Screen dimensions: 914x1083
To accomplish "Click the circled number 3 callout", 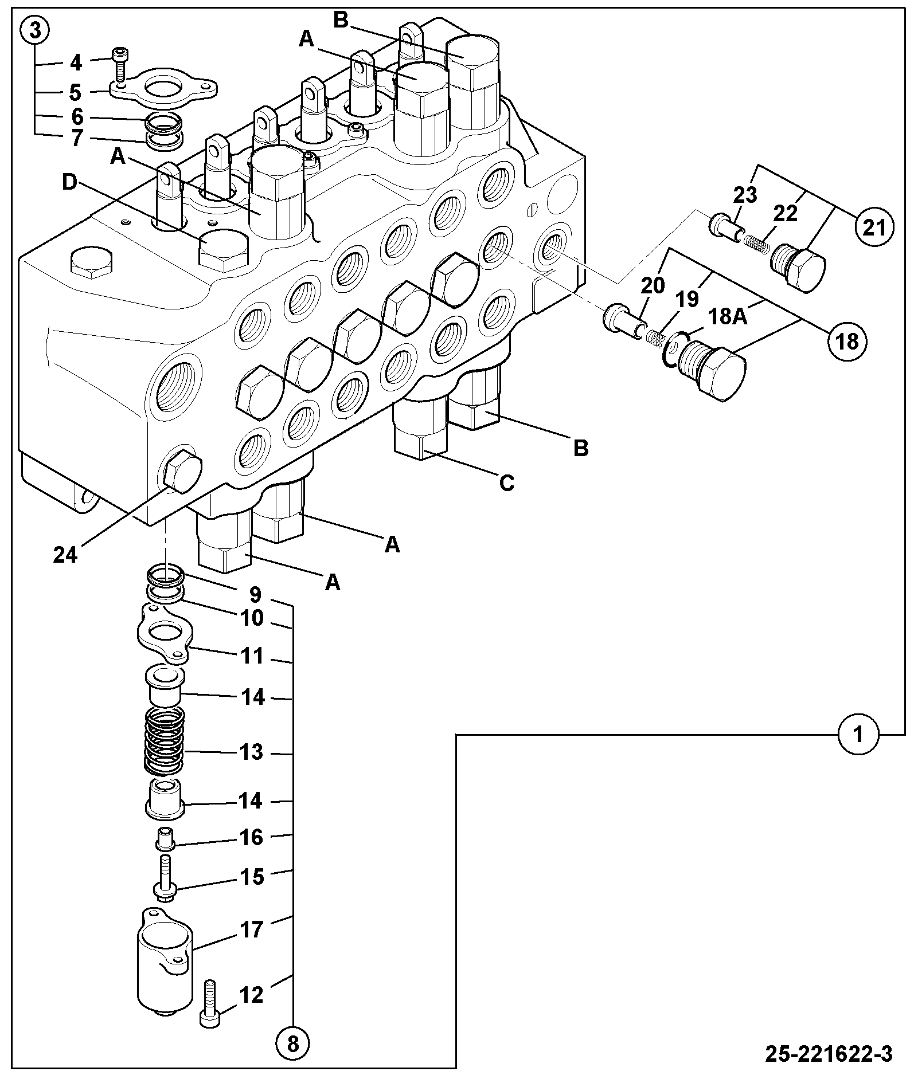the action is click(36, 31).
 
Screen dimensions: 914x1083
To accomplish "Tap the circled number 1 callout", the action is click(858, 734).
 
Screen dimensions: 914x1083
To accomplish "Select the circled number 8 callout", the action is click(293, 1044).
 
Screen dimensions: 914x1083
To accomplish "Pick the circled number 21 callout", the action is click(874, 227).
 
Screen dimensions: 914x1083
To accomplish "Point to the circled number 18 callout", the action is click(847, 342).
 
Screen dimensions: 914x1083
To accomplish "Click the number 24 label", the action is click(65, 554).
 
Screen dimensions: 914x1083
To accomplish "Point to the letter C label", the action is click(507, 483).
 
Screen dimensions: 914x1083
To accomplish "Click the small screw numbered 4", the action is click(120, 62).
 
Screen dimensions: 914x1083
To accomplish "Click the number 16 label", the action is click(250, 837).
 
